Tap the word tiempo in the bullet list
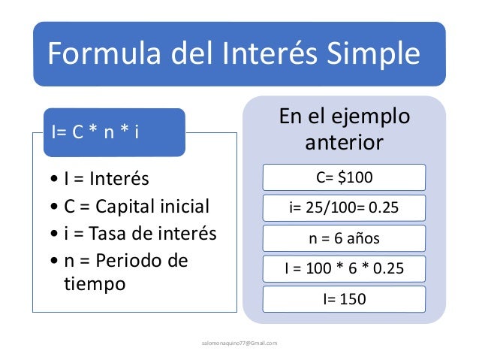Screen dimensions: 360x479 tap(91, 285)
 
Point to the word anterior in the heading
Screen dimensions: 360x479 tap(345, 142)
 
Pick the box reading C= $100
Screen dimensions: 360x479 tap(344, 177)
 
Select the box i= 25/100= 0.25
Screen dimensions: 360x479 tap(344, 208)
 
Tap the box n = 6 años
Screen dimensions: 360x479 tap(344, 239)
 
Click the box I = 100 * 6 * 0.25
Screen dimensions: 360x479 tap(344, 269)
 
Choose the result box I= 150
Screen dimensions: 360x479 tap(344, 299)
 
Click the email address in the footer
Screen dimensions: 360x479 tap(239, 343)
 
